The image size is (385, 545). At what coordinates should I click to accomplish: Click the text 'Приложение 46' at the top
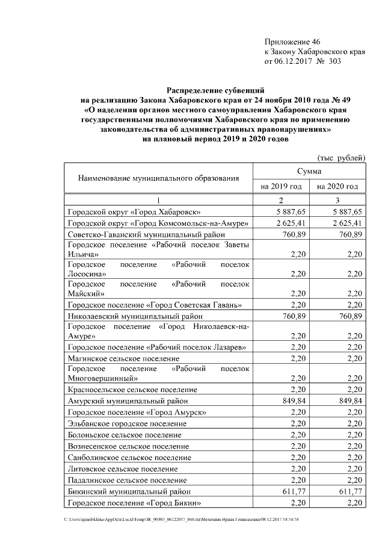292,42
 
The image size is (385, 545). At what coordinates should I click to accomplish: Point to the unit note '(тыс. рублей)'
341,158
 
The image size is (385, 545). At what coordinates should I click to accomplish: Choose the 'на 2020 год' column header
337,187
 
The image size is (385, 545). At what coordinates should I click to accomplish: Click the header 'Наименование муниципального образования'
158,178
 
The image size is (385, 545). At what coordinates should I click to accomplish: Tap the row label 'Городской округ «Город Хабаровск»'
134,212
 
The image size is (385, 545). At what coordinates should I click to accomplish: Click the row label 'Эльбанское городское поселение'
128,423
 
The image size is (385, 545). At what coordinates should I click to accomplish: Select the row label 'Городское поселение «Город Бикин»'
134,503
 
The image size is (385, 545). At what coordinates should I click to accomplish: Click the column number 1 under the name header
158,200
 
